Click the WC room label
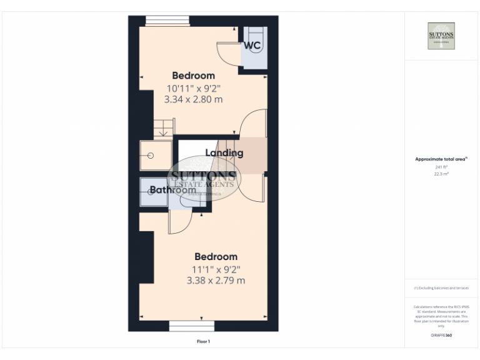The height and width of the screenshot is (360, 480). click(252, 46)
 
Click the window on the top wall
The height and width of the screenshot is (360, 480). click(167, 21)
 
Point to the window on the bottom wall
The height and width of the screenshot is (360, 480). click(192, 326)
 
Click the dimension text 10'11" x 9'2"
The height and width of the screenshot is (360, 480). click(193, 88)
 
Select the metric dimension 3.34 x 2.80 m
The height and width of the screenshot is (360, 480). click(193, 99)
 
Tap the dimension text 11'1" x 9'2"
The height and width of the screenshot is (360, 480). click(216, 269)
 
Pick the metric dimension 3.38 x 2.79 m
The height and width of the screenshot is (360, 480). click(216, 281)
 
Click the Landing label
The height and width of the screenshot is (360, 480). click(224, 153)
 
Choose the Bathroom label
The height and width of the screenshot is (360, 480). click(172, 190)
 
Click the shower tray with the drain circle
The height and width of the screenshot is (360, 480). click(153, 156)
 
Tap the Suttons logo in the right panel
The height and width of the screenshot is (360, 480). click(441, 36)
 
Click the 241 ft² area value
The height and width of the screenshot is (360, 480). click(441, 167)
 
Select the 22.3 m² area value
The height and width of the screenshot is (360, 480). click(441, 174)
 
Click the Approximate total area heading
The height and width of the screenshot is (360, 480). click(441, 160)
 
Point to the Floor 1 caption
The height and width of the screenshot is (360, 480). click(203, 341)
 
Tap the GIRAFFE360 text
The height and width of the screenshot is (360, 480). click(441, 336)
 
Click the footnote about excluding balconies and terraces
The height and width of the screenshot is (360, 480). click(441, 288)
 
